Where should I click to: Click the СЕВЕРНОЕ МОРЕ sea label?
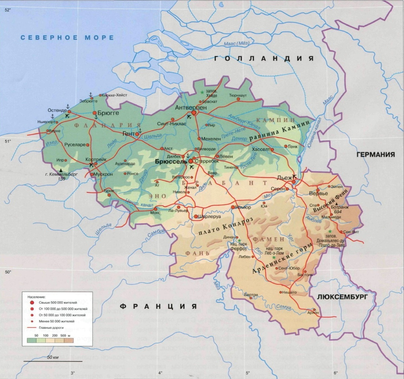[67, 38]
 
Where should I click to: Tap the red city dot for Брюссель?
[191, 161]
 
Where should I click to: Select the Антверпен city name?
[191, 107]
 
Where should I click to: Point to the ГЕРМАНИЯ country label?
[375, 155]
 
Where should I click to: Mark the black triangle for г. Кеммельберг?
[61, 170]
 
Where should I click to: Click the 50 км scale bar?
[53, 361]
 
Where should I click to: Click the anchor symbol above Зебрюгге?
[91, 95]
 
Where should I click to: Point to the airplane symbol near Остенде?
[68, 116]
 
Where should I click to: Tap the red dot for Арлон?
[314, 310]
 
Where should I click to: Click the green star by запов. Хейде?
[202, 92]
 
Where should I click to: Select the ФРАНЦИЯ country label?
[158, 306]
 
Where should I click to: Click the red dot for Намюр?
[233, 207]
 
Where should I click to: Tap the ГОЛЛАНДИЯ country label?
[264, 59]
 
